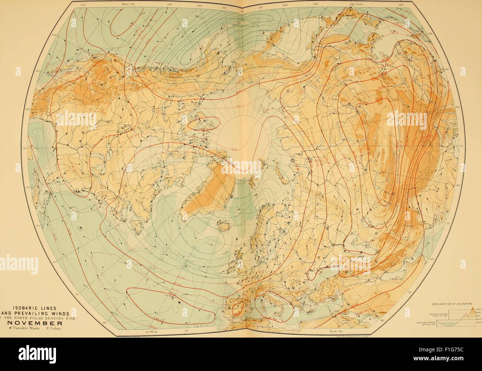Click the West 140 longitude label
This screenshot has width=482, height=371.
coord(128,3)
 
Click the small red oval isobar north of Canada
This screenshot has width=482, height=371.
coord(202,122)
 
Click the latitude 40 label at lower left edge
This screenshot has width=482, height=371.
coord(105,323)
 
